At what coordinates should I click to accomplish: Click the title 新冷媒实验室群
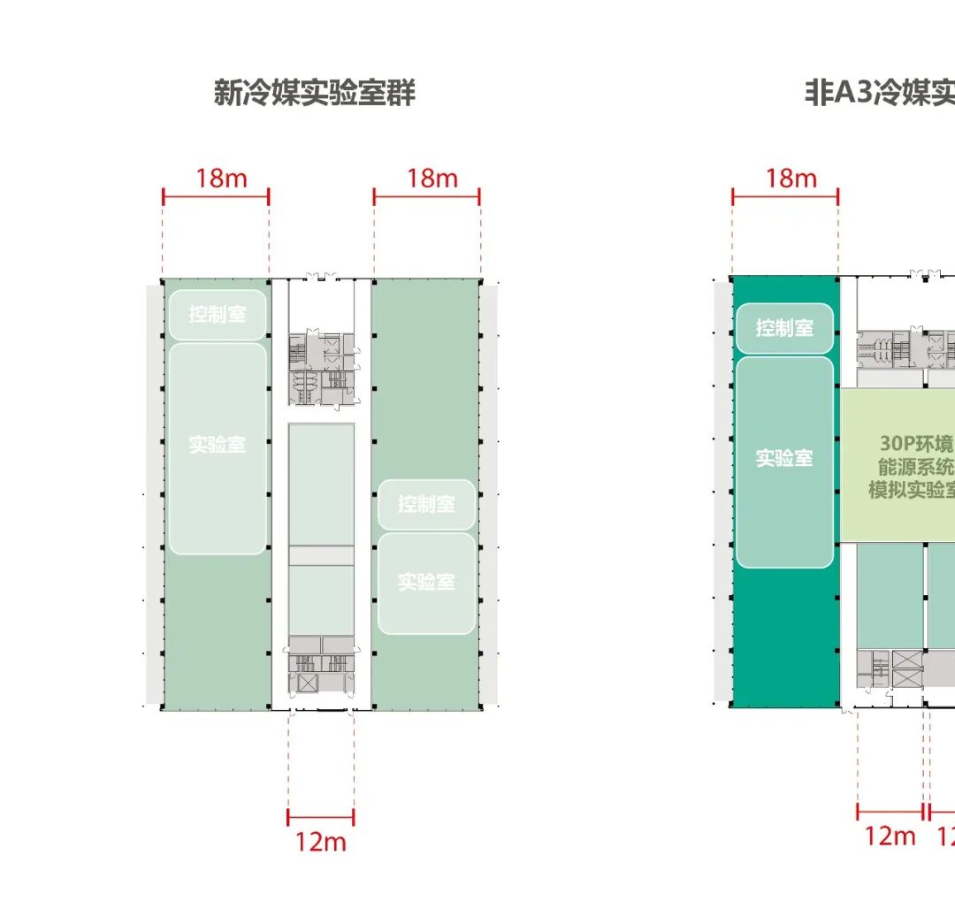pyautogui.click(x=314, y=92)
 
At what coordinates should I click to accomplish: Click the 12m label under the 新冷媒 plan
pyautogui.click(x=321, y=841)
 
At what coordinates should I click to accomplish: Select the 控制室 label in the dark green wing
pyautogui.click(x=784, y=327)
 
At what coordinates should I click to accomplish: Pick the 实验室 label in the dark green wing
pyautogui.click(x=784, y=458)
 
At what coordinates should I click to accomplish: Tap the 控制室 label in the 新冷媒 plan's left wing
pyautogui.click(x=218, y=314)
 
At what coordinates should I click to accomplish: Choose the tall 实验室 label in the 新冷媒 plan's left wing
pyautogui.click(x=218, y=444)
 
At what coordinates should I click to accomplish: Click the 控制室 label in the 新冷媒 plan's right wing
pyautogui.click(x=426, y=504)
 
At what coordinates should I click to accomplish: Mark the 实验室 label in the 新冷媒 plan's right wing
pyautogui.click(x=426, y=581)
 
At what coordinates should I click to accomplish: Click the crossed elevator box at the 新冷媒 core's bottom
pyautogui.click(x=307, y=683)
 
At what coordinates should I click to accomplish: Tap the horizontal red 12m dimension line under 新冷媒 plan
pyautogui.click(x=320, y=818)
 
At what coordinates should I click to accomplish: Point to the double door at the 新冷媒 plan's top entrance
pyautogui.click(x=321, y=277)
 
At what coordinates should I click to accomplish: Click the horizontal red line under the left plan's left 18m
pyautogui.click(x=215, y=197)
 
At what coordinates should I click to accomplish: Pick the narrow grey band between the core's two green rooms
pyautogui.click(x=321, y=555)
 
